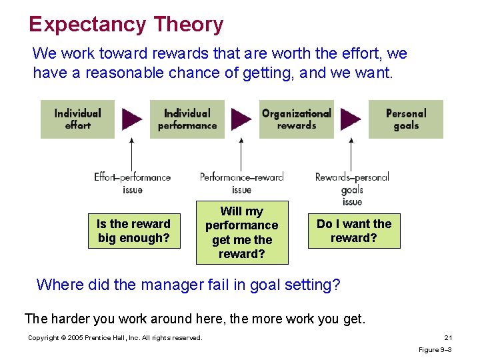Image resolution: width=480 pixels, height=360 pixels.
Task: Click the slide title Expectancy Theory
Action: click(126, 25)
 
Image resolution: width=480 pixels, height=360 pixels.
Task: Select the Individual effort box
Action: click(77, 119)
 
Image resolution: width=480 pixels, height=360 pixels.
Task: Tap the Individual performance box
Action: click(187, 119)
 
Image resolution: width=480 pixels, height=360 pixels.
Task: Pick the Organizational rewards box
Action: click(296, 119)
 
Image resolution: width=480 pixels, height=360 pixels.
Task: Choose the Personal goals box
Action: click(405, 119)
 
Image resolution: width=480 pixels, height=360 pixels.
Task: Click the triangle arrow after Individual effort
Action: click(132, 119)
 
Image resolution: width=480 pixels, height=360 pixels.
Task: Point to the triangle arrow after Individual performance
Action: click(241, 119)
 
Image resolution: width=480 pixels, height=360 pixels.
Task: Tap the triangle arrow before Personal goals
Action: click(351, 119)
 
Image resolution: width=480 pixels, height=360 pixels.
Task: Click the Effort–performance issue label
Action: click(132, 183)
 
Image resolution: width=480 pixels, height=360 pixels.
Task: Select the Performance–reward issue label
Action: click(241, 183)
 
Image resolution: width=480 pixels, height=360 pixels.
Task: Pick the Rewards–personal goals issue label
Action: click(351, 189)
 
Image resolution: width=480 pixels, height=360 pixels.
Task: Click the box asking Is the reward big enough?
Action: click(134, 231)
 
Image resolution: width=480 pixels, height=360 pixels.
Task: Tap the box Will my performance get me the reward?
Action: click(241, 233)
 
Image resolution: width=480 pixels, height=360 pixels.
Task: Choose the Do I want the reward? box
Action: click(354, 231)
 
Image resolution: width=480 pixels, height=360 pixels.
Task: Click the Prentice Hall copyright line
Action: click(115, 338)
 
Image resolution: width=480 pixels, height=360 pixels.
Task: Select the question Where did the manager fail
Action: click(188, 285)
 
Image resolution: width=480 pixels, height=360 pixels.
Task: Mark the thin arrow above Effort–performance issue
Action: click(132, 153)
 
